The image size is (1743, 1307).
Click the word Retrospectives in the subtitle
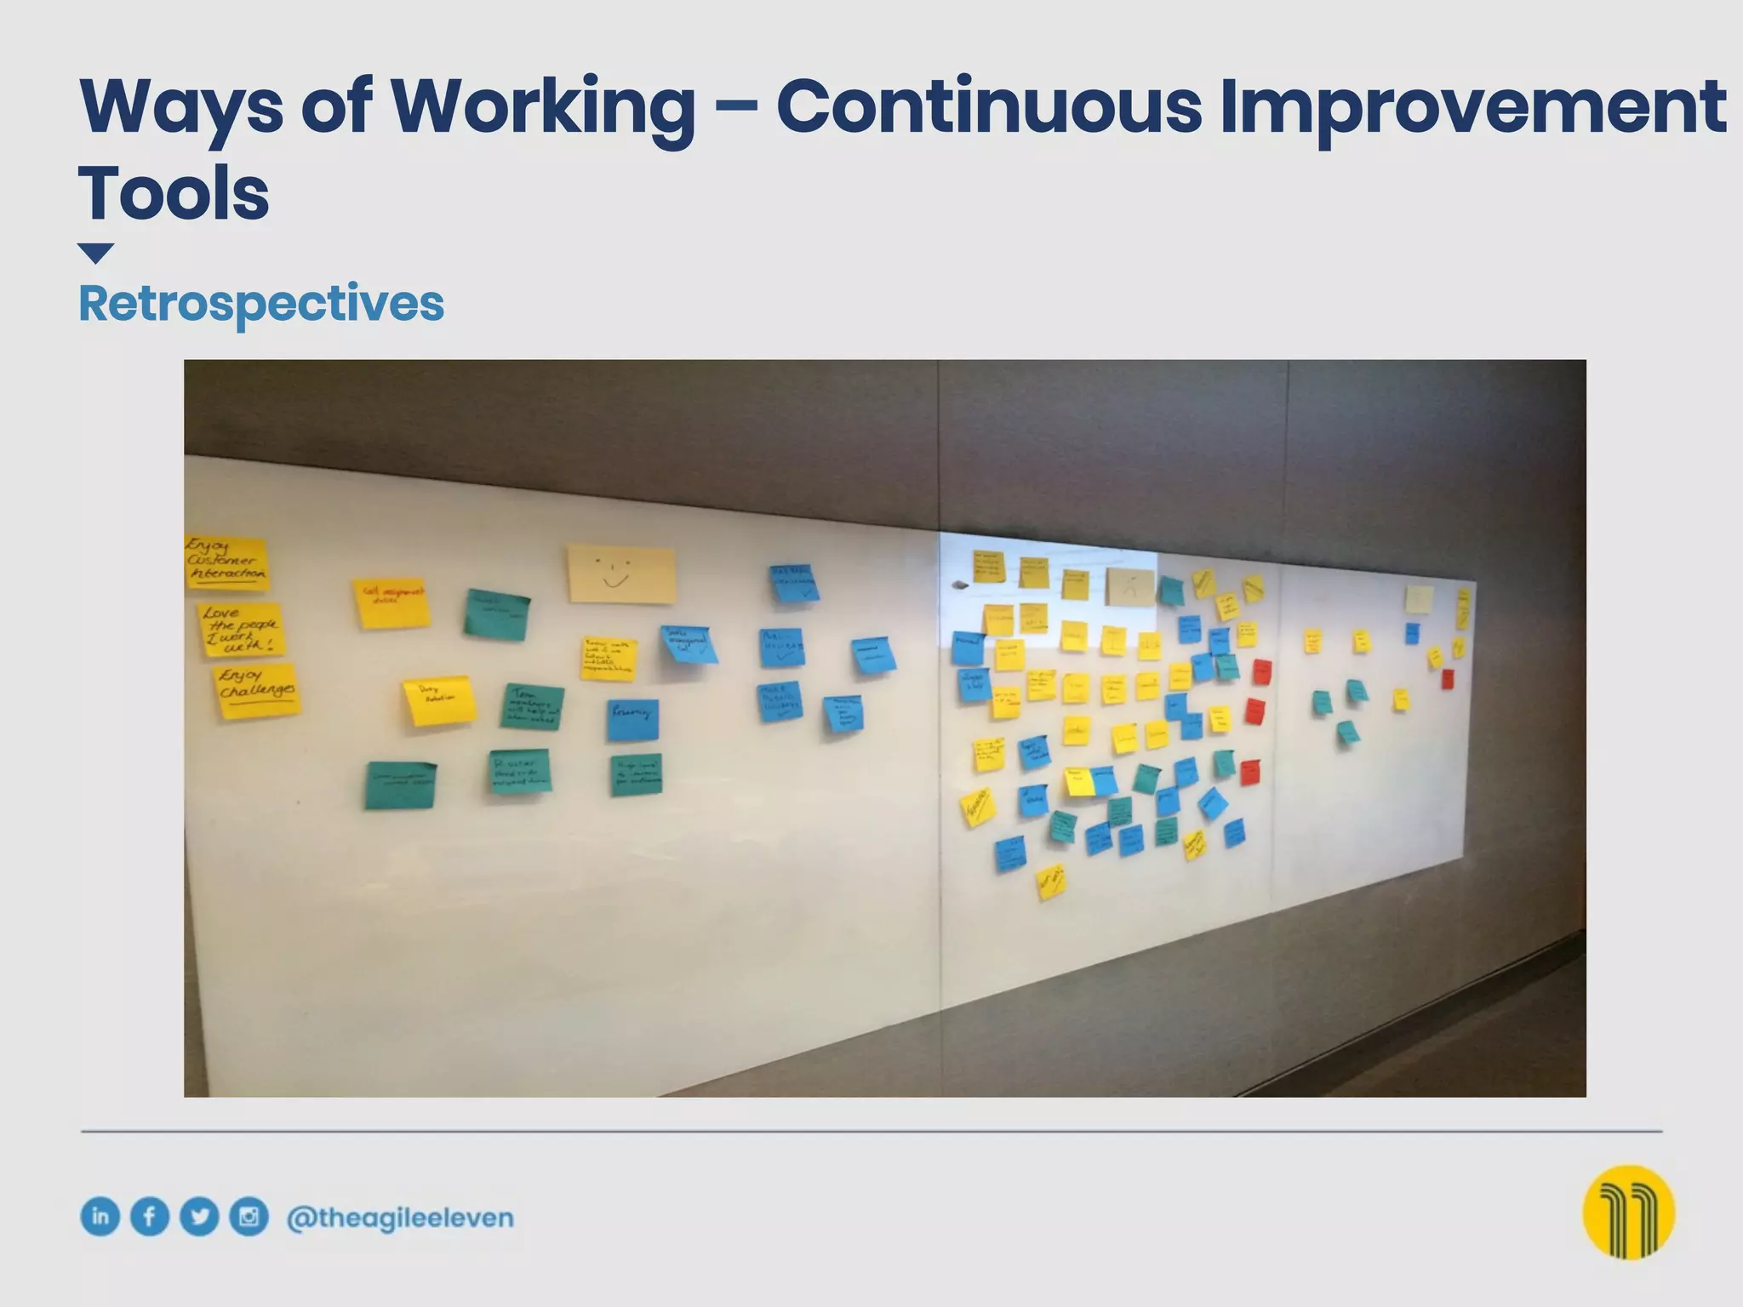point(260,304)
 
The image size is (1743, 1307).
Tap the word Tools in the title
point(174,194)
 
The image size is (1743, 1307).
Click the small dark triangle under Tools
point(95,253)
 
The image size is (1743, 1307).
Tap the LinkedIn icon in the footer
point(100,1216)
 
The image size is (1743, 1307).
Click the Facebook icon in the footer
point(150,1217)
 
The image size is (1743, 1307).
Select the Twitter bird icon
point(199,1217)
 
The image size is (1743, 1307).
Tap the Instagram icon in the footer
point(249,1217)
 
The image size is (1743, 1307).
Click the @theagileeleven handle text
point(400,1219)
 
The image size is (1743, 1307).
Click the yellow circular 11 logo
point(1628,1212)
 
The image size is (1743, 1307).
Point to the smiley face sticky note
point(621,574)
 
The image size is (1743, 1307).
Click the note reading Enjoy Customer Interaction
point(226,562)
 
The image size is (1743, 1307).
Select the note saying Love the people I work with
point(241,631)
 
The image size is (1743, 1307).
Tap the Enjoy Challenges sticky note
point(257,690)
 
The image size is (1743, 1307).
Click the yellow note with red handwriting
point(391,603)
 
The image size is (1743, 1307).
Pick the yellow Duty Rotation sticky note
point(438,701)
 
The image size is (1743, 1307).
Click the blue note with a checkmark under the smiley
point(689,645)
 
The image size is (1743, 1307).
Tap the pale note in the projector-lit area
point(1130,587)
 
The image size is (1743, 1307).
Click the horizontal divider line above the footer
point(871,1132)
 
